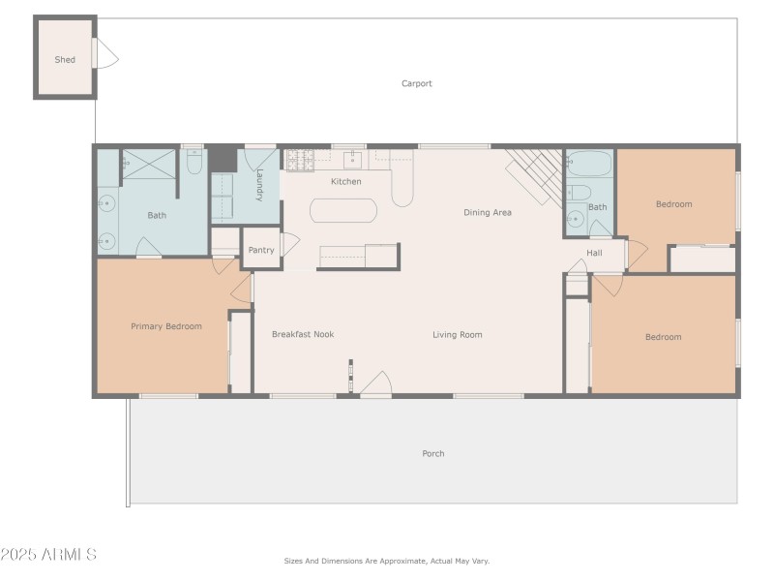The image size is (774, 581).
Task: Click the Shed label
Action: coord(65,60)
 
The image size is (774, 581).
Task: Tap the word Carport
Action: coord(417,83)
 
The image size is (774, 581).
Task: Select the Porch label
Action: coord(433,453)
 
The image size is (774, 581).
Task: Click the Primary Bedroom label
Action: coord(166,326)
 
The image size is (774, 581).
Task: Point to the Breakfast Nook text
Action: coord(303,334)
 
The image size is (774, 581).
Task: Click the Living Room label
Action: coord(457,335)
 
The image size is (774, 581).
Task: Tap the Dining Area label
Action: coord(488,212)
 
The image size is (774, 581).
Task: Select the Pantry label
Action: coord(261,250)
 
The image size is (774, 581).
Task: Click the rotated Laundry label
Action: coord(259,184)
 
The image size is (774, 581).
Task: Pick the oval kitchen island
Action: coord(342,211)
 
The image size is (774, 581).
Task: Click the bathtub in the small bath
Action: coord(590,162)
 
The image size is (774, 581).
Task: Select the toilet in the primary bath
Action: coord(193,162)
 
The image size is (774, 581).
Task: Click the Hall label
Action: coord(594,253)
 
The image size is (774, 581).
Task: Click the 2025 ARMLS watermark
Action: coord(48,555)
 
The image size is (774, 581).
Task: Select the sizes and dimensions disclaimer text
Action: coord(387,561)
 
